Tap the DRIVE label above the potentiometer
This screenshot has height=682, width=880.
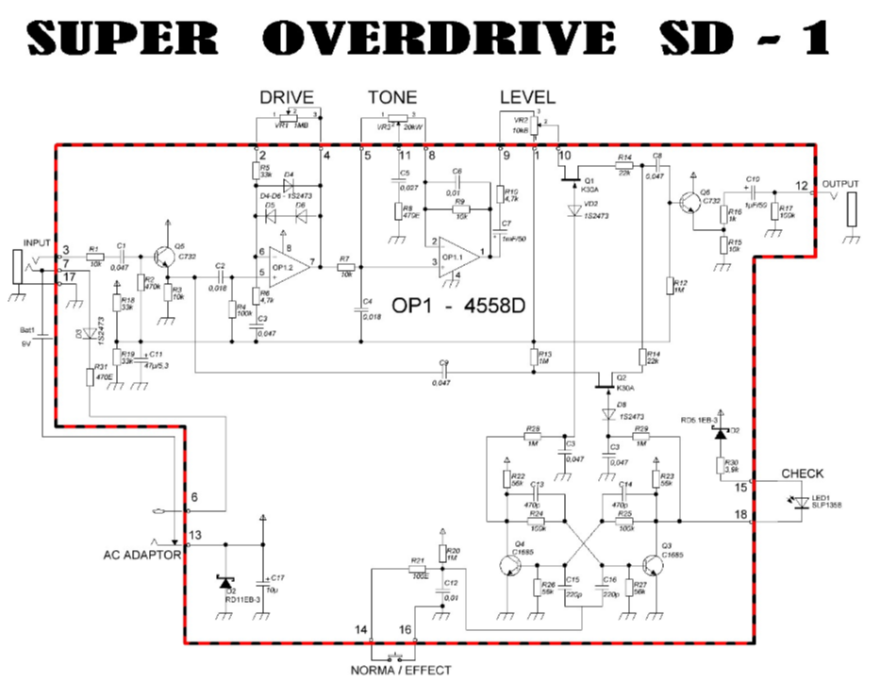286,97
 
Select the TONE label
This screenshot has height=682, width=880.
392,97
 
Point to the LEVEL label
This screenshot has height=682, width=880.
527,97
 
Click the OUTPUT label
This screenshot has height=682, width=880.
841,183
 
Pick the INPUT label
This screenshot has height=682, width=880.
37,242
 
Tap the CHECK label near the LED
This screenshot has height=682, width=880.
802,474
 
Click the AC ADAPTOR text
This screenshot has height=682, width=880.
141,556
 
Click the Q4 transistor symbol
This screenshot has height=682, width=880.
509,565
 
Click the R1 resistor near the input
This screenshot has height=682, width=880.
93,256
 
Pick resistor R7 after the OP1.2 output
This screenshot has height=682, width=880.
345,268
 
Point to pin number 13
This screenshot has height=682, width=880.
194,536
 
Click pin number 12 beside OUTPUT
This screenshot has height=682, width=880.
801,185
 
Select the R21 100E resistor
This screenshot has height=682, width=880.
417,569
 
